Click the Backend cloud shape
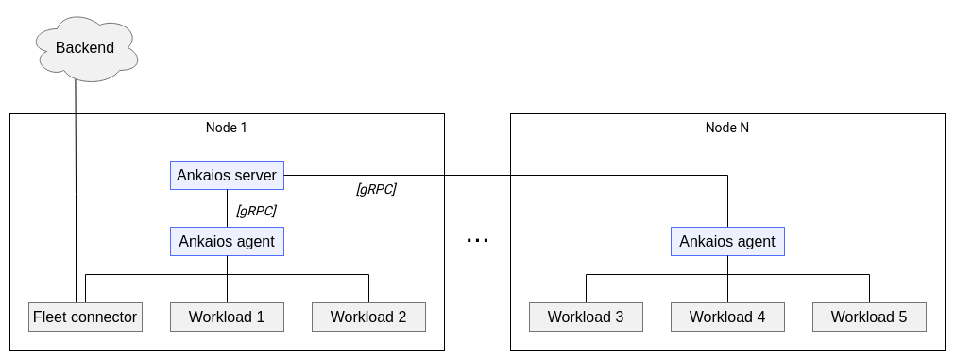[x=85, y=48]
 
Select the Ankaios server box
[x=227, y=175]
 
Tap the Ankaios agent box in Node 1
[x=227, y=241]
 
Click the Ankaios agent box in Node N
[x=727, y=241]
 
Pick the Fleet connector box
[x=85, y=317]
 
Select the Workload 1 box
[x=227, y=317]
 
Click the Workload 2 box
[x=368, y=317]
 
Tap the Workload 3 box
[x=586, y=317]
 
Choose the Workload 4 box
[x=727, y=317]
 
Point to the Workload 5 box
[x=869, y=317]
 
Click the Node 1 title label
[x=226, y=128]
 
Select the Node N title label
[x=727, y=128]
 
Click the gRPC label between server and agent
[x=256, y=210]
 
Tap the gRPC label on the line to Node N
[x=376, y=189]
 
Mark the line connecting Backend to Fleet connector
[x=76, y=189]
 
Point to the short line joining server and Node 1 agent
[x=227, y=208]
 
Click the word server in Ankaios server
[x=254, y=175]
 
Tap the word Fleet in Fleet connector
[x=49, y=317]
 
